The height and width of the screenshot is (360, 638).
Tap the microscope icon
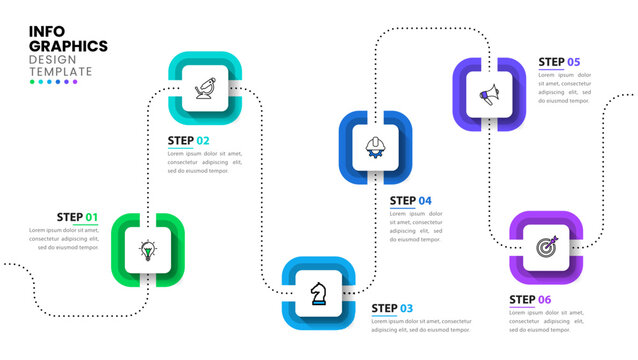205,88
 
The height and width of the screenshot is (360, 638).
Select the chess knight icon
318,292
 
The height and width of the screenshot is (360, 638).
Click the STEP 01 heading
77,217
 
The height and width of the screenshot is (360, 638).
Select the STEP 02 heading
189,141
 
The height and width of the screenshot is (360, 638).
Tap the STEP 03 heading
392,308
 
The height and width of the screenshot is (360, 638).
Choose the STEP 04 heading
410,201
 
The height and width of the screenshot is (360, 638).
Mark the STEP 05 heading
559,62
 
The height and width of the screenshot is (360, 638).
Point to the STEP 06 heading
530,299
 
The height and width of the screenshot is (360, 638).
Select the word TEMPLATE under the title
61,71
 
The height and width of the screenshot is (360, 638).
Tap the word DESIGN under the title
51,59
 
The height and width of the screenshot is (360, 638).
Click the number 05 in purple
573,62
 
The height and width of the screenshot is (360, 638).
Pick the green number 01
91,217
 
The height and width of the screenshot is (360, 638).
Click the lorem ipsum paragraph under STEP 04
415,226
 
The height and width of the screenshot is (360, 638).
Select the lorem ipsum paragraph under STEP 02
205,162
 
